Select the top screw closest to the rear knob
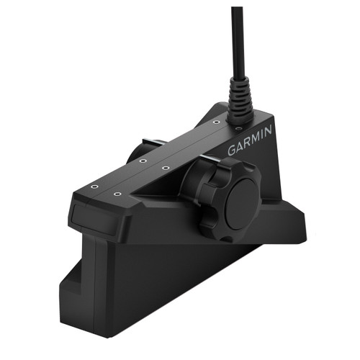click(143, 161)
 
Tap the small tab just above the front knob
click(207, 159)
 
